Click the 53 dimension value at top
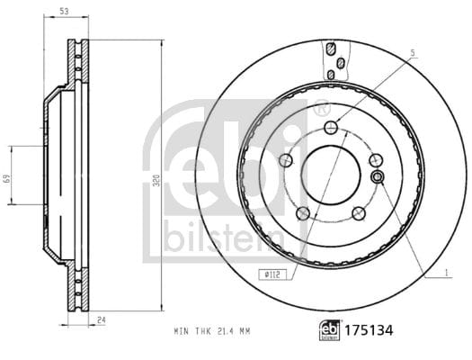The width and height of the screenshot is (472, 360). (64, 12)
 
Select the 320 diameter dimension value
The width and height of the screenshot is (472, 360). (156, 180)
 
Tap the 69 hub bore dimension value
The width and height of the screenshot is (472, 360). (7, 178)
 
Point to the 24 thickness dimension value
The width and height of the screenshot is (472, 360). (102, 319)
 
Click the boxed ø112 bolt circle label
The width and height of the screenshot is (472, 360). (272, 274)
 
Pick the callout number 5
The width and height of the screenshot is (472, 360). (413, 53)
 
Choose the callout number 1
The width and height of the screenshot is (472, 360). (447, 273)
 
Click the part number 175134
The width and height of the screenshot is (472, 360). (369, 330)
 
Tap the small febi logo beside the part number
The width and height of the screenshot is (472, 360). (330, 330)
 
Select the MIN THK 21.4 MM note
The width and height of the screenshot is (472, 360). (212, 331)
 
